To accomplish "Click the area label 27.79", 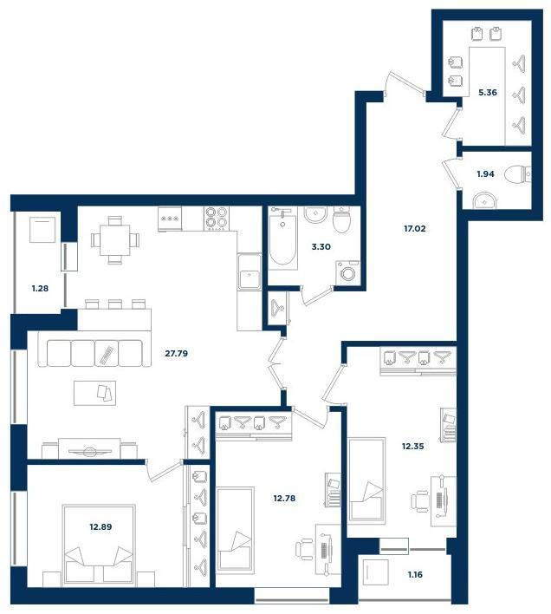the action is click(177, 354).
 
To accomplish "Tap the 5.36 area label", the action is click(488, 93).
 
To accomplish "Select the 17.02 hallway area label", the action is click(414, 228).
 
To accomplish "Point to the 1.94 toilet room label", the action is click(485, 173).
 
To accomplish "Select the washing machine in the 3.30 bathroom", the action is click(347, 272).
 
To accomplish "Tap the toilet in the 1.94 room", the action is click(518, 174).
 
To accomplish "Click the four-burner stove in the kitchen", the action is click(216, 219).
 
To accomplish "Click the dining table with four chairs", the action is click(114, 240).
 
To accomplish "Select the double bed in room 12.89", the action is click(99, 545).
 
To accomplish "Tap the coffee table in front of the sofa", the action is click(94, 393).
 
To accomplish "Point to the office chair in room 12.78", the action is click(304, 550).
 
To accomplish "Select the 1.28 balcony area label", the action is click(40, 289).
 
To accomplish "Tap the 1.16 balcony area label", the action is click(415, 575).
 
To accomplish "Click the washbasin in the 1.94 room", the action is click(484, 201).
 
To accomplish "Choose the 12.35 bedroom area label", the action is click(413, 446).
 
